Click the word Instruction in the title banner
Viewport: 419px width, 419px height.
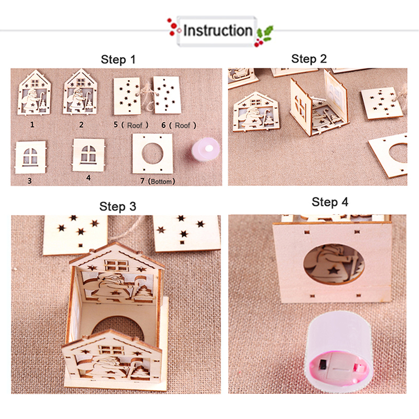[x=217, y=30]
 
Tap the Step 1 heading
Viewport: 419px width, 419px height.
[x=118, y=59]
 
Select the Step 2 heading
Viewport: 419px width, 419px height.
[x=309, y=59]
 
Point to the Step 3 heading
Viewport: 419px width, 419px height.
[x=117, y=206]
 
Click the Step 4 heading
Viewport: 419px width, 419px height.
[x=330, y=202]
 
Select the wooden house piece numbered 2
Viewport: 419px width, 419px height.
[x=80, y=92]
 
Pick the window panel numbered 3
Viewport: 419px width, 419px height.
[x=30, y=158]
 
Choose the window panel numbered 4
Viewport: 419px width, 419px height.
[x=89, y=155]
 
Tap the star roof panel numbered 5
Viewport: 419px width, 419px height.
[x=127, y=96]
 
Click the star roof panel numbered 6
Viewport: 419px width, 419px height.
[x=167, y=95]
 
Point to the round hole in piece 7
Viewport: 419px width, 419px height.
[x=152, y=153]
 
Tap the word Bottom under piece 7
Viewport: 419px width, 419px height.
[x=161, y=182]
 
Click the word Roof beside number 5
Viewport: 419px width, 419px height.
[x=135, y=125]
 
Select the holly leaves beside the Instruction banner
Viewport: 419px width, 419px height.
[x=264, y=33]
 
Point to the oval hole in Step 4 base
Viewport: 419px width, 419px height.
[x=334, y=263]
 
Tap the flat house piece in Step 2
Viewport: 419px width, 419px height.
[x=256, y=112]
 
